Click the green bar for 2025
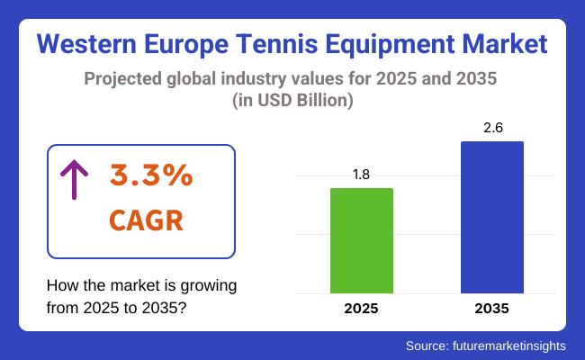click(362, 240)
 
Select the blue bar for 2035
click(492, 217)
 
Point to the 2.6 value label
click(492, 130)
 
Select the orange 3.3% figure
click(151, 176)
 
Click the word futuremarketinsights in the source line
click(510, 345)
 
